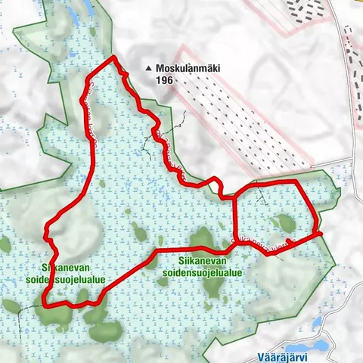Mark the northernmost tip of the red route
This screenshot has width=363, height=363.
(x=113, y=57)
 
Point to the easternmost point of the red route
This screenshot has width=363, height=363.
(x=321, y=234)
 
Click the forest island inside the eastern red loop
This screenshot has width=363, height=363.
(x=284, y=222)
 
